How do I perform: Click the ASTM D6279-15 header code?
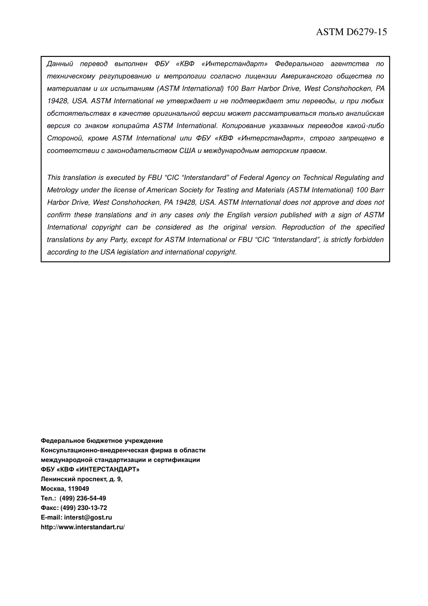point(351,32)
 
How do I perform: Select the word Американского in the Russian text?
point(306,76)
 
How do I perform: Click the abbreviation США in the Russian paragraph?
point(187,151)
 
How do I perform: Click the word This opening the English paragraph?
point(54,178)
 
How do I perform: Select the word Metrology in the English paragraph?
point(62,190)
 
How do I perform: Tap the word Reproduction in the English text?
point(303,227)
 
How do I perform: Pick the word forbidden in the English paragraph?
point(369,239)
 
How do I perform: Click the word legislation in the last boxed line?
point(133,252)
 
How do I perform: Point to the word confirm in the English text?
point(59,215)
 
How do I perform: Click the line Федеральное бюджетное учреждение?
point(102,441)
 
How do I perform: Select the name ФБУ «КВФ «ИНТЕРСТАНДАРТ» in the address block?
point(90,469)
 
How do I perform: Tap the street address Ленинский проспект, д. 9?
point(82,479)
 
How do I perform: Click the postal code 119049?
point(78,489)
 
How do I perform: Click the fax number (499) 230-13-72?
point(83,508)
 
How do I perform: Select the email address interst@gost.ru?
point(88,518)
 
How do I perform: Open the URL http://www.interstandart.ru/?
point(82,527)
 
